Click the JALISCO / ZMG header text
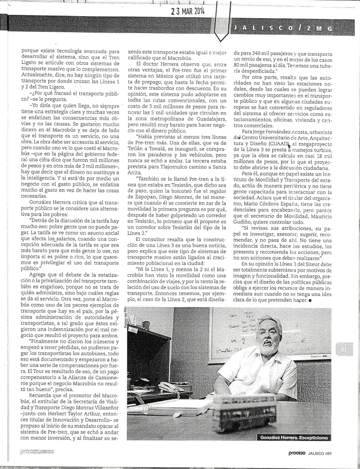[x=281, y=28]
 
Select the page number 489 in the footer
[x=326, y=454]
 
